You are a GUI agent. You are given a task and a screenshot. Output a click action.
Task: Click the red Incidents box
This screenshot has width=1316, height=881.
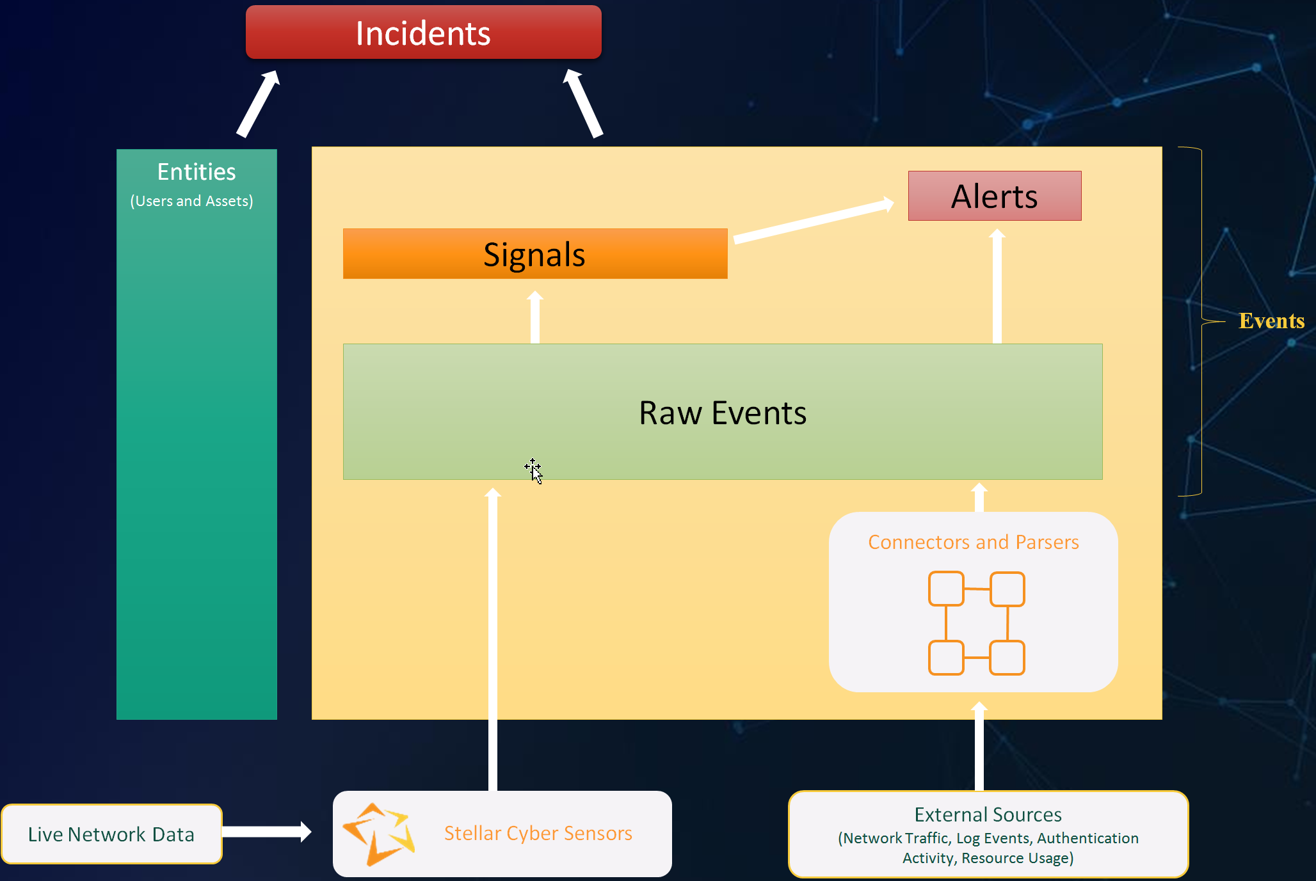coord(423,33)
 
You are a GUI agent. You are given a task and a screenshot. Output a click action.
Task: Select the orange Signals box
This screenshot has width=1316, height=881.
coord(534,254)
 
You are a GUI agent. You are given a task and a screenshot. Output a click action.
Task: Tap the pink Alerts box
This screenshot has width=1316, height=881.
coord(994,196)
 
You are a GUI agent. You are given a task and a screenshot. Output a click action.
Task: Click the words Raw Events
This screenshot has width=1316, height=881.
coord(722,413)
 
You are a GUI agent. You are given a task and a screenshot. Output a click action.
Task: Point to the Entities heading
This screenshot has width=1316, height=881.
coord(197,172)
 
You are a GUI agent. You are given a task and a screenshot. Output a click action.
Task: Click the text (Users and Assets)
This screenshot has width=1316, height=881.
coord(191,201)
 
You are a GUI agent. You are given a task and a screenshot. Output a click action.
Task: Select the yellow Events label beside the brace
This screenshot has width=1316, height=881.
coord(1271,321)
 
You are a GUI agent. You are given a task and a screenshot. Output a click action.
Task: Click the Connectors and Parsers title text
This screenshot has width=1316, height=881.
coord(973,542)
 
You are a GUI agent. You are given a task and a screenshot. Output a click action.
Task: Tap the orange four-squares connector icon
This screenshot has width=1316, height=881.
coord(976,623)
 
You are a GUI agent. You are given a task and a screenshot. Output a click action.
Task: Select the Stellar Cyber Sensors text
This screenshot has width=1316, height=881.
coord(538,833)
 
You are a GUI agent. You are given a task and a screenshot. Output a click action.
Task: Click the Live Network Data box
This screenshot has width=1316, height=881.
coord(111,834)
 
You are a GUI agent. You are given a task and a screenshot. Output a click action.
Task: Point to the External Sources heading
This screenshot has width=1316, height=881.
coord(988,814)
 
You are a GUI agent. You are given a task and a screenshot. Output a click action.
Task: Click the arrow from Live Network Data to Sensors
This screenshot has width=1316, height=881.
coord(266,832)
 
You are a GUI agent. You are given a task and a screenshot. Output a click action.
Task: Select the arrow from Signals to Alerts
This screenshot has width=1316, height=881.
coord(813,221)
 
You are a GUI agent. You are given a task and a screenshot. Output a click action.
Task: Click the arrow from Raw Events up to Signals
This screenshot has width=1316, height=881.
coord(535,318)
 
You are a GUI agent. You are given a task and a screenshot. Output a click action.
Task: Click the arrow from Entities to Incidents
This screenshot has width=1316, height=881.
coord(258,104)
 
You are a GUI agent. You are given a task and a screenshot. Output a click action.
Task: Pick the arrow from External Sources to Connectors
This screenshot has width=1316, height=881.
coord(979,746)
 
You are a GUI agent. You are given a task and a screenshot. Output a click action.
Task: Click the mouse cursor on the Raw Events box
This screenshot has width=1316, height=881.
coord(534,471)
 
